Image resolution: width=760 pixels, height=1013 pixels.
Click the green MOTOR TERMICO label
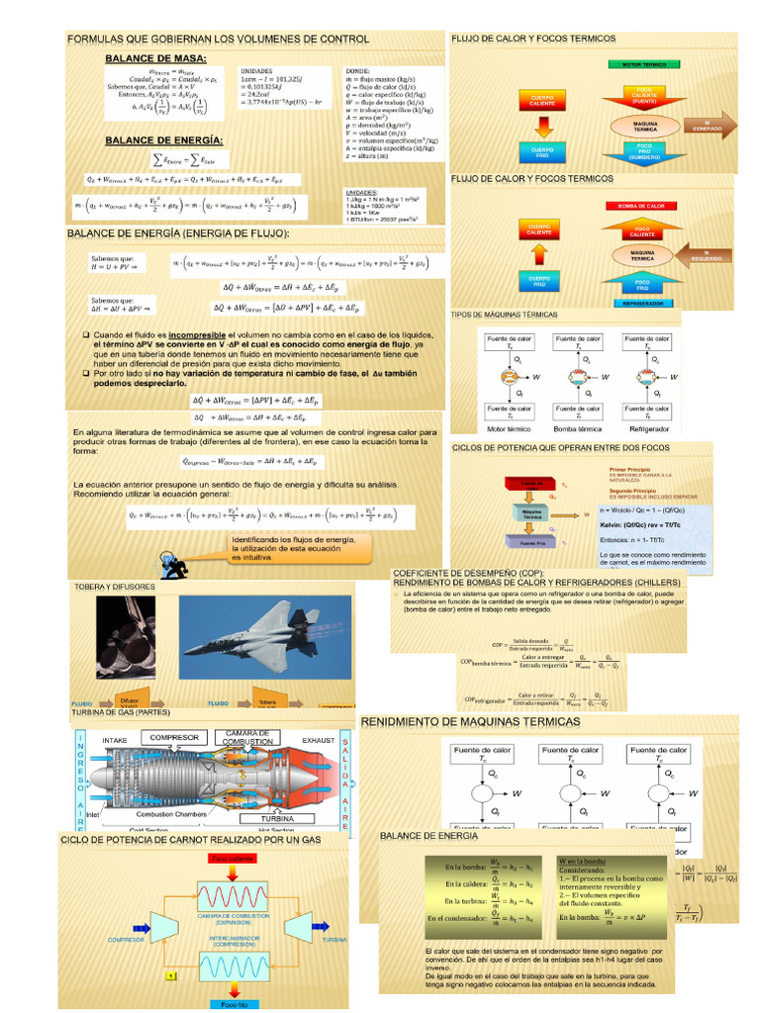643,64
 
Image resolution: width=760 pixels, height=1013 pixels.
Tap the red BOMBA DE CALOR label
641,205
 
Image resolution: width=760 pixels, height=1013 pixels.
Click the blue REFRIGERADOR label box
642,303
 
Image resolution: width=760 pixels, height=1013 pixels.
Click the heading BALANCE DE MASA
154,58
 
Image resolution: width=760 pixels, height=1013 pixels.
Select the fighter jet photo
264,639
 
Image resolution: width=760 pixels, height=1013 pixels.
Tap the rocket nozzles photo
125,637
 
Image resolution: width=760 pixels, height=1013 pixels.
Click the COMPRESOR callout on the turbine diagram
175,738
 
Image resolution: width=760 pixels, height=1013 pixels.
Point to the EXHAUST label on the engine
319,739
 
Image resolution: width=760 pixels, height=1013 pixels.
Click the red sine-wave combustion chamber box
230,897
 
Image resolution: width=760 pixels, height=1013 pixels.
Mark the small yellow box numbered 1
170,975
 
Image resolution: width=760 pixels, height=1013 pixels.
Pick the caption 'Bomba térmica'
579,428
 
